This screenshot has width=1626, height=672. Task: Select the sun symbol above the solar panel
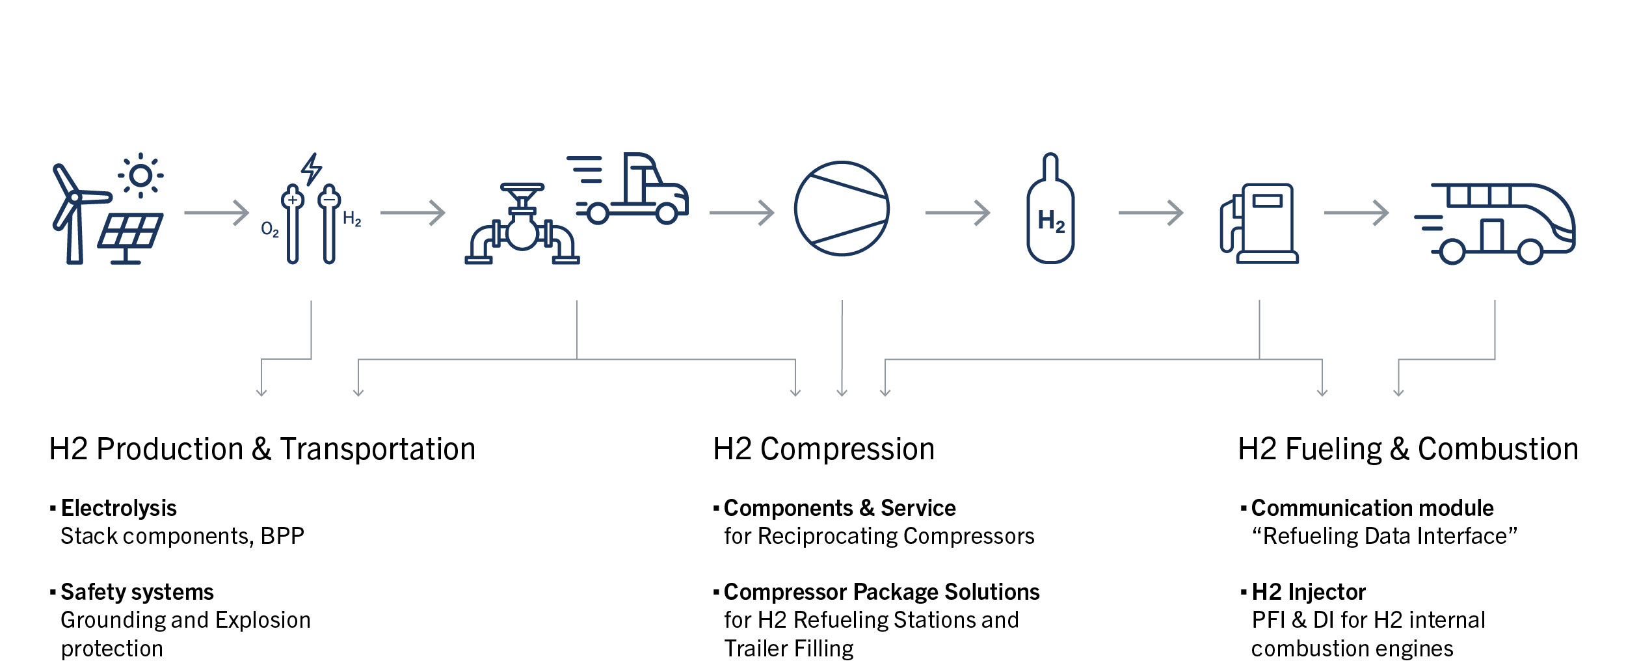tap(140, 176)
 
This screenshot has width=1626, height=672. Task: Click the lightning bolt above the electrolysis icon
tap(312, 169)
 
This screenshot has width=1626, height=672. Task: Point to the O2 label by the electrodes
tap(269, 229)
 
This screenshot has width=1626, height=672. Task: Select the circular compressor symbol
tap(842, 208)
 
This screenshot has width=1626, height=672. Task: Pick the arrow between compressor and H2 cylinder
tap(957, 213)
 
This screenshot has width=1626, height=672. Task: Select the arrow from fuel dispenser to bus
tap(1356, 213)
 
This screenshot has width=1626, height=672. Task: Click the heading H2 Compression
tap(823, 450)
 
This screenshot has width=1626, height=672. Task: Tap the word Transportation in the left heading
tap(378, 450)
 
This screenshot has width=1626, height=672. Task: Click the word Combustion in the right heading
tap(1498, 450)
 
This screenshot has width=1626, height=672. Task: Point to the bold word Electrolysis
tap(118, 508)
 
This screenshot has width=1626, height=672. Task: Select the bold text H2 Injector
tap(1309, 592)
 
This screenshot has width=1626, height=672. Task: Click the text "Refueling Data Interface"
tap(1384, 537)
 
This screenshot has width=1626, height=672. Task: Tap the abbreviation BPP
tap(282, 537)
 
